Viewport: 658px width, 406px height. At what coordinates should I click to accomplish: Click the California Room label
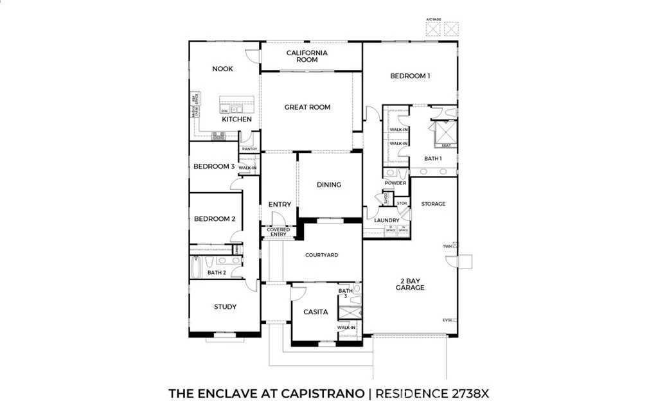pyautogui.click(x=307, y=56)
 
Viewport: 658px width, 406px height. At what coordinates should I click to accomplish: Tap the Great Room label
pyautogui.click(x=307, y=107)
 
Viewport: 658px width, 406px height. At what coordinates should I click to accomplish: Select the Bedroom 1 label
pyautogui.click(x=410, y=76)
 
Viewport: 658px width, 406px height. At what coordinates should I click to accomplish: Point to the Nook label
pyautogui.click(x=222, y=69)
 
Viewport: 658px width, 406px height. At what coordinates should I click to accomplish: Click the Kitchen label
pyautogui.click(x=236, y=119)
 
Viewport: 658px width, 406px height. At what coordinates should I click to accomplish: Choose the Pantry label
pyautogui.click(x=249, y=149)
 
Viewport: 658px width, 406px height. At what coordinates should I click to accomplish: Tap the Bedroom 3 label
pyautogui.click(x=214, y=166)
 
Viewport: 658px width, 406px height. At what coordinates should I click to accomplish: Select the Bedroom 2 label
pyautogui.click(x=215, y=219)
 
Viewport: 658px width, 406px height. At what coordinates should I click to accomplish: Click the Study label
pyautogui.click(x=225, y=306)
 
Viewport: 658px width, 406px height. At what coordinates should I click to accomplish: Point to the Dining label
pyautogui.click(x=329, y=185)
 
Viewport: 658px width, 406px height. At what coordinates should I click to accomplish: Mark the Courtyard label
pyautogui.click(x=321, y=255)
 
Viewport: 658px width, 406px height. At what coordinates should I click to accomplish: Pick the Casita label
pyautogui.click(x=316, y=312)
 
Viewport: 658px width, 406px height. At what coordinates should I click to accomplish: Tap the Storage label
pyautogui.click(x=433, y=204)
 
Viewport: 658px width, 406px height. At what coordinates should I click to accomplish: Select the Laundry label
pyautogui.click(x=387, y=220)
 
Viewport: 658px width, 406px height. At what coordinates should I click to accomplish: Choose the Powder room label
pyautogui.click(x=395, y=183)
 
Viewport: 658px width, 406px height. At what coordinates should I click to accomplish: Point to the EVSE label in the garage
pyautogui.click(x=447, y=319)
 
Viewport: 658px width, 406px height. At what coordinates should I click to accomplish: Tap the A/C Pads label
pyautogui.click(x=434, y=19)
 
